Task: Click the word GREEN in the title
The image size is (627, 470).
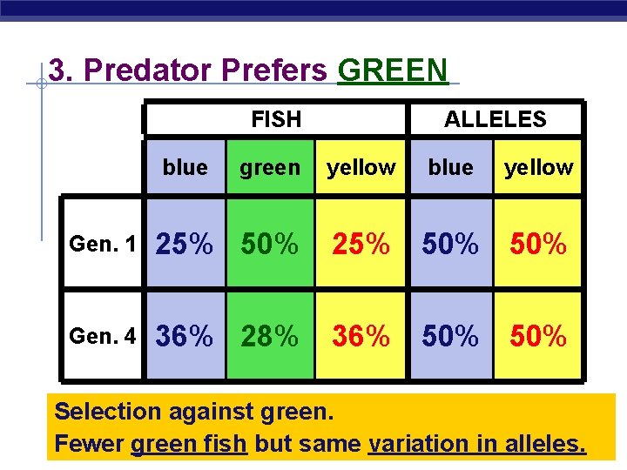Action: click(392, 70)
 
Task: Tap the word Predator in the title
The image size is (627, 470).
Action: click(153, 70)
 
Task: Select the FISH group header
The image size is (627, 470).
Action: click(275, 119)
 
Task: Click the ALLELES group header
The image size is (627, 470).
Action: click(495, 119)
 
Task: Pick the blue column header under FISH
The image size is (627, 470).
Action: click(185, 167)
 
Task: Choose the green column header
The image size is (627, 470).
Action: click(269, 167)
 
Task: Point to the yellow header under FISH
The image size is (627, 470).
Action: click(361, 167)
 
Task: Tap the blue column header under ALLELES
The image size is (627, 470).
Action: click(450, 167)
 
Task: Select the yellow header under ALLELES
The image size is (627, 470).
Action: click(539, 167)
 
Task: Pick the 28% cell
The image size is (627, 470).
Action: click(270, 336)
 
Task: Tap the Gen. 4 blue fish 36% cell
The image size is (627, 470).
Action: click(185, 336)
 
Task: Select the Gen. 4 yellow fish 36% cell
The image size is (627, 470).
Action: click(361, 336)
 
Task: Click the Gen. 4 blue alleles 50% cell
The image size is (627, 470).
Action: click(450, 336)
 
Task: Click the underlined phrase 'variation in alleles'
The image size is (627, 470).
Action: click(477, 444)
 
